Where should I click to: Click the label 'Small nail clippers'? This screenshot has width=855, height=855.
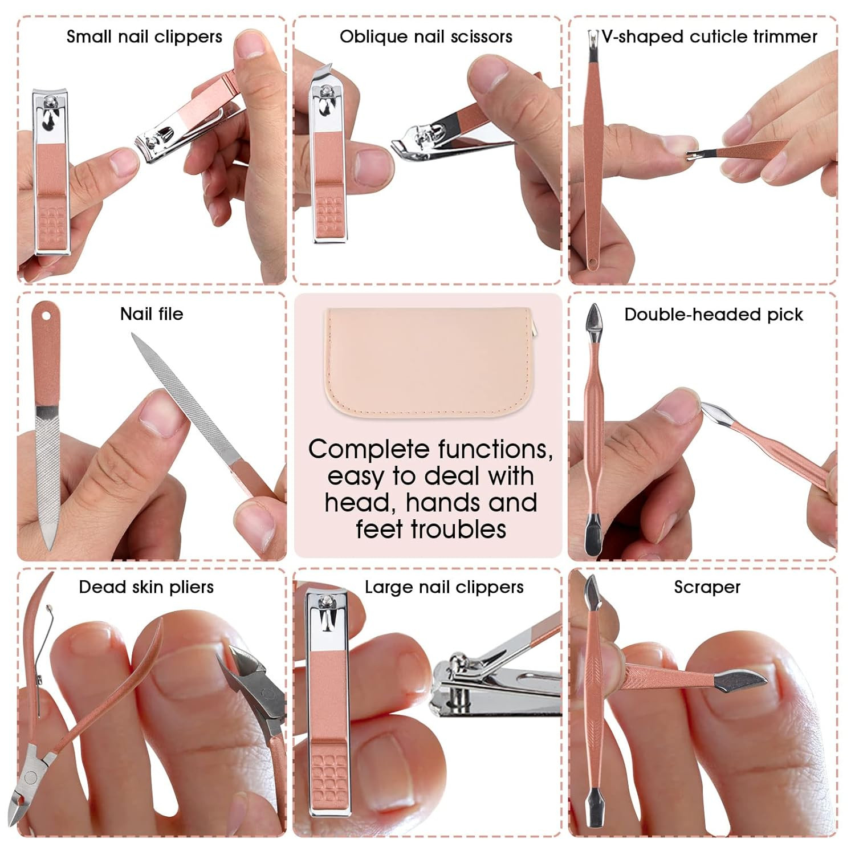point(144,37)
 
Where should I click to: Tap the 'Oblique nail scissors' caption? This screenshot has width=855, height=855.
point(426,37)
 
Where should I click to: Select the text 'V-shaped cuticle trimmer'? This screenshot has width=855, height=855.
point(709,37)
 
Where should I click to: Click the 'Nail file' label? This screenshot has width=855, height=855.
point(152,313)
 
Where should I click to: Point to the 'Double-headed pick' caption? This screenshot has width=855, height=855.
point(713,314)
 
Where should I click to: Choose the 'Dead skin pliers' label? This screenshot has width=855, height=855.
point(146,587)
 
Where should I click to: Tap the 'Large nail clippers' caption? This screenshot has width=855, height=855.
point(444,587)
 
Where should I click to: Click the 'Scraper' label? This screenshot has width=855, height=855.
point(707,587)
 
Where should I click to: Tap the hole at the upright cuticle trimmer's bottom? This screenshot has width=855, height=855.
point(592,263)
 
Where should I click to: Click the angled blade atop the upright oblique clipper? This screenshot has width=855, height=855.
point(322,72)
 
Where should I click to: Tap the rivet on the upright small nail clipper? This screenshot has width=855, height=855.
point(50,103)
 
